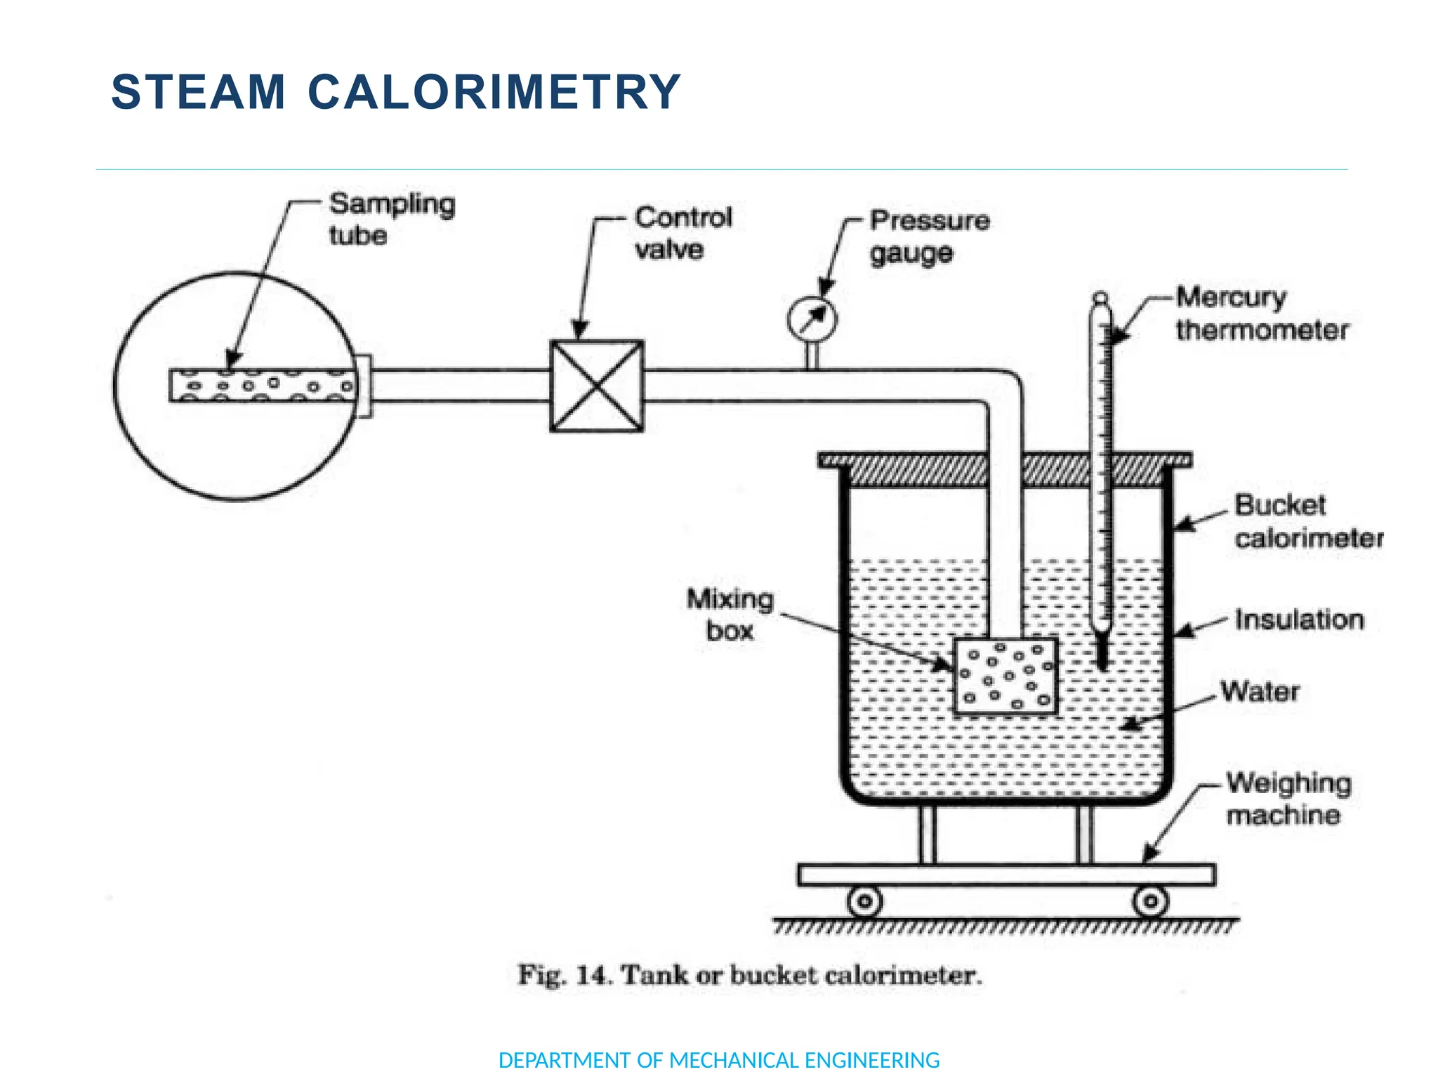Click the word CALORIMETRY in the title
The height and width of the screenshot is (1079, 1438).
(494, 92)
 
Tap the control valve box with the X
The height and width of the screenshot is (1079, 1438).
(596, 386)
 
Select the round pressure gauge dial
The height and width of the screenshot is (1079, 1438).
(812, 320)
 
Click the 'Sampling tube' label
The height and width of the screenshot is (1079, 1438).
(392, 218)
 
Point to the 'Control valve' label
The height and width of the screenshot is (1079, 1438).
(682, 233)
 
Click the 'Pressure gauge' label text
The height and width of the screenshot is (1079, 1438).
(929, 237)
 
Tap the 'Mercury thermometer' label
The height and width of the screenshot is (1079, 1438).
(1262, 313)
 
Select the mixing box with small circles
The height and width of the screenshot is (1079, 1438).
(1005, 676)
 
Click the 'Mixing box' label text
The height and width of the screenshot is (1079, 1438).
(730, 615)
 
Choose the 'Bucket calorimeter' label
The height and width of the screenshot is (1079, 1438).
(1308, 522)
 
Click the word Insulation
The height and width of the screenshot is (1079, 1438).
(1299, 620)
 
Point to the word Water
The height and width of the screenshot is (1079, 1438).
(1260, 691)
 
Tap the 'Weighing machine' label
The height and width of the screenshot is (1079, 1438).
(1288, 799)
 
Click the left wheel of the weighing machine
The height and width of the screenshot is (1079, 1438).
(865, 901)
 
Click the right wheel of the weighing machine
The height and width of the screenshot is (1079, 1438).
(1150, 901)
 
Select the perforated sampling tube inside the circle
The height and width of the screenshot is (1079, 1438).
(263, 385)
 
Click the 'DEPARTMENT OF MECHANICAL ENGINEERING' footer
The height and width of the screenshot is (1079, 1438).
(718, 1059)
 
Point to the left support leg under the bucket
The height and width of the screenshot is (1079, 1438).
(928, 835)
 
